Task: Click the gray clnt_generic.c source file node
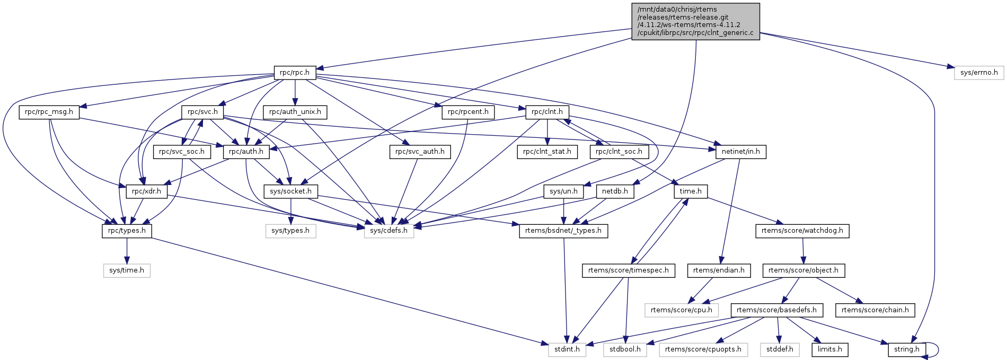pos(695,21)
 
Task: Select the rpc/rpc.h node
pos(295,73)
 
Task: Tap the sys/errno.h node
pos(978,73)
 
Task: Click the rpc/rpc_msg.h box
pos(49,112)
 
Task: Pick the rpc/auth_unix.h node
pos(295,112)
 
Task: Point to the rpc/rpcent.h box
pos(468,112)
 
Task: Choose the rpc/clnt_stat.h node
pos(547,152)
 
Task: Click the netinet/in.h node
pos(740,152)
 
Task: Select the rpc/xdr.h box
pos(146,191)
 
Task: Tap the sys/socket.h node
pos(290,191)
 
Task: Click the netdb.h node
pos(615,191)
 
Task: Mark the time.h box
pos(691,191)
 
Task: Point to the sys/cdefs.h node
pos(389,231)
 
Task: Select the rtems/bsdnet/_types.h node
pos(563,231)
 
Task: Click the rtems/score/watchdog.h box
pos(802,231)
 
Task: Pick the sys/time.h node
pos(127,270)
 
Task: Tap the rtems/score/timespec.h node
pos(628,270)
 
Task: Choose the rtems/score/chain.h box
pos(874,310)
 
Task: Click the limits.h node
pos(829,349)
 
